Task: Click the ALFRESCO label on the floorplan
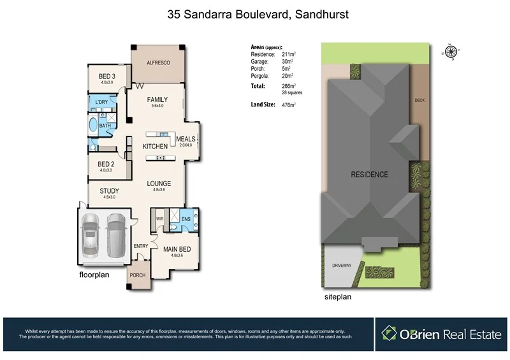tap(157, 62)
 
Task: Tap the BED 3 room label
tap(106, 76)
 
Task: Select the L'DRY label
tap(101, 103)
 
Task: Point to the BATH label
tap(105, 126)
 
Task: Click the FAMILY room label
tap(157, 99)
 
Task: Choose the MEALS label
tap(186, 139)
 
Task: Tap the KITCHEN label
tap(155, 147)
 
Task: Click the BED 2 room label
tap(106, 164)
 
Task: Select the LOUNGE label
tap(159, 184)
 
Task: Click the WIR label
tap(160, 219)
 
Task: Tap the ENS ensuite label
tap(186, 220)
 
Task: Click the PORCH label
tap(138, 275)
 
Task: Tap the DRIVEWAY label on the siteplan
tap(342, 265)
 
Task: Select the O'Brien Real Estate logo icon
tap(390, 333)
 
